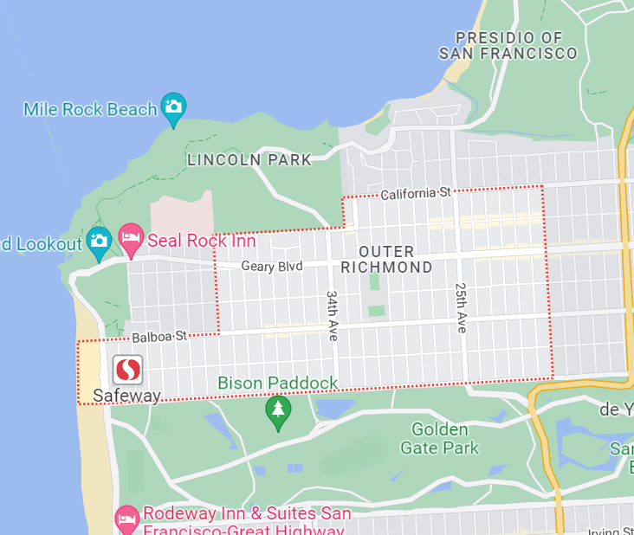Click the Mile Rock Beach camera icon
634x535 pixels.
173,107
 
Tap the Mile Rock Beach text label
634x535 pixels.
90,109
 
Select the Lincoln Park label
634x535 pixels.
249,160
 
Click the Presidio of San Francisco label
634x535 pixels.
508,45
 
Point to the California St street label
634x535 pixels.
416,193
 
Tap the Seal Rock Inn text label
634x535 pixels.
202,241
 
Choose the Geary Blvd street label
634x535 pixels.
272,267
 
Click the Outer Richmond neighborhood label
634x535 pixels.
386,259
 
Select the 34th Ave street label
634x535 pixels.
333,315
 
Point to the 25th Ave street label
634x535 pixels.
462,307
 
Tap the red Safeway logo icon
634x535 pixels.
128,371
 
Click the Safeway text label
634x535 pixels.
126,396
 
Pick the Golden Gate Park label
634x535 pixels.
439,439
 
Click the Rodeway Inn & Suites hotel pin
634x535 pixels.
127,519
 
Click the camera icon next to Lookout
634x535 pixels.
99,242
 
